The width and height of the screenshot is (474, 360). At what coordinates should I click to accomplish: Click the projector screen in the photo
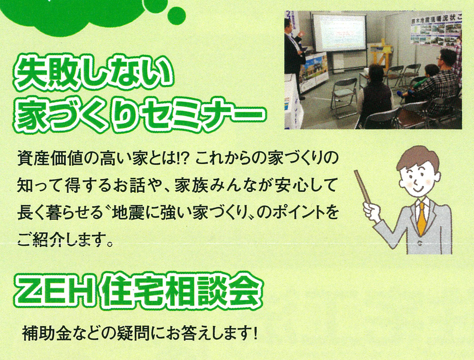339,32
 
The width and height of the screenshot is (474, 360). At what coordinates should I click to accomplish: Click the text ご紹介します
62,240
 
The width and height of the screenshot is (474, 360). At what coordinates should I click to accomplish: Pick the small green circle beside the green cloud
176,15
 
